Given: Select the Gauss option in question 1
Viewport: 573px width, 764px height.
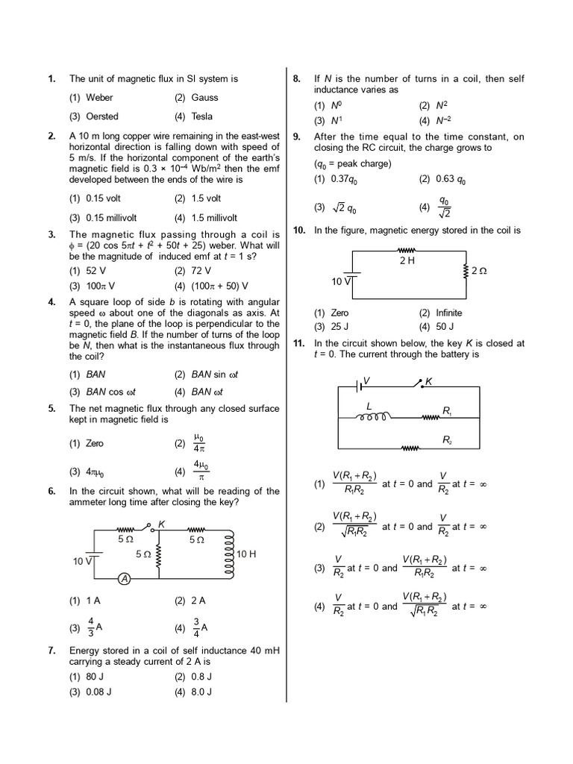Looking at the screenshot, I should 204,97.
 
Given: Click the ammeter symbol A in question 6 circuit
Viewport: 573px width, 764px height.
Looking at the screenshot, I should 125,580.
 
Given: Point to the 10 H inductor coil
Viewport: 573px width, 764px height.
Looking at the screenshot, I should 230,554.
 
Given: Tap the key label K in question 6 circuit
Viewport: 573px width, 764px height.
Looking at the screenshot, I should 162,525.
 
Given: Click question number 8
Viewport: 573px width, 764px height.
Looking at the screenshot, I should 296,78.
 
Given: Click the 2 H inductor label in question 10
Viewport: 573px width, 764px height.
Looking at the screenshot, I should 407,261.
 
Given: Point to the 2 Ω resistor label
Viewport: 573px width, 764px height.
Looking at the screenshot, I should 479,271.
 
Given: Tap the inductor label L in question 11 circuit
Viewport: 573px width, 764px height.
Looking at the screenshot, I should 368,405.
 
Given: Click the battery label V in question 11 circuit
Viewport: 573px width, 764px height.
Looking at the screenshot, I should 366,381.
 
